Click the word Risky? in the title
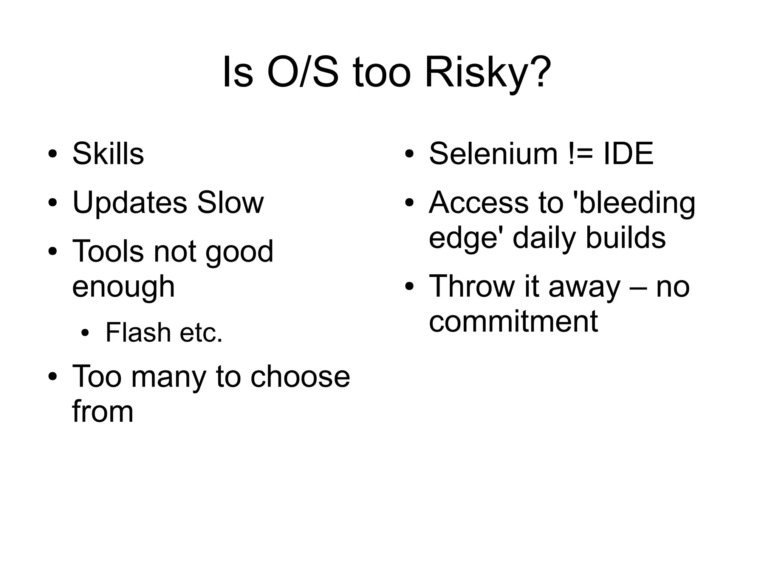point(488,73)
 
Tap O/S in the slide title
point(302,73)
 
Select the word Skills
point(108,154)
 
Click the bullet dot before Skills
point(53,155)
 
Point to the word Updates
point(130,203)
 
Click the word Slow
point(230,203)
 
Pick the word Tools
point(108,251)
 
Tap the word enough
point(124,287)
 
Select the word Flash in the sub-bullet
point(138,333)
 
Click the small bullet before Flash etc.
point(86,333)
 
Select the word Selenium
point(493,154)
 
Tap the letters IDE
point(628,154)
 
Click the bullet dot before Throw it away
point(409,287)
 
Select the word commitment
point(513,322)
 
